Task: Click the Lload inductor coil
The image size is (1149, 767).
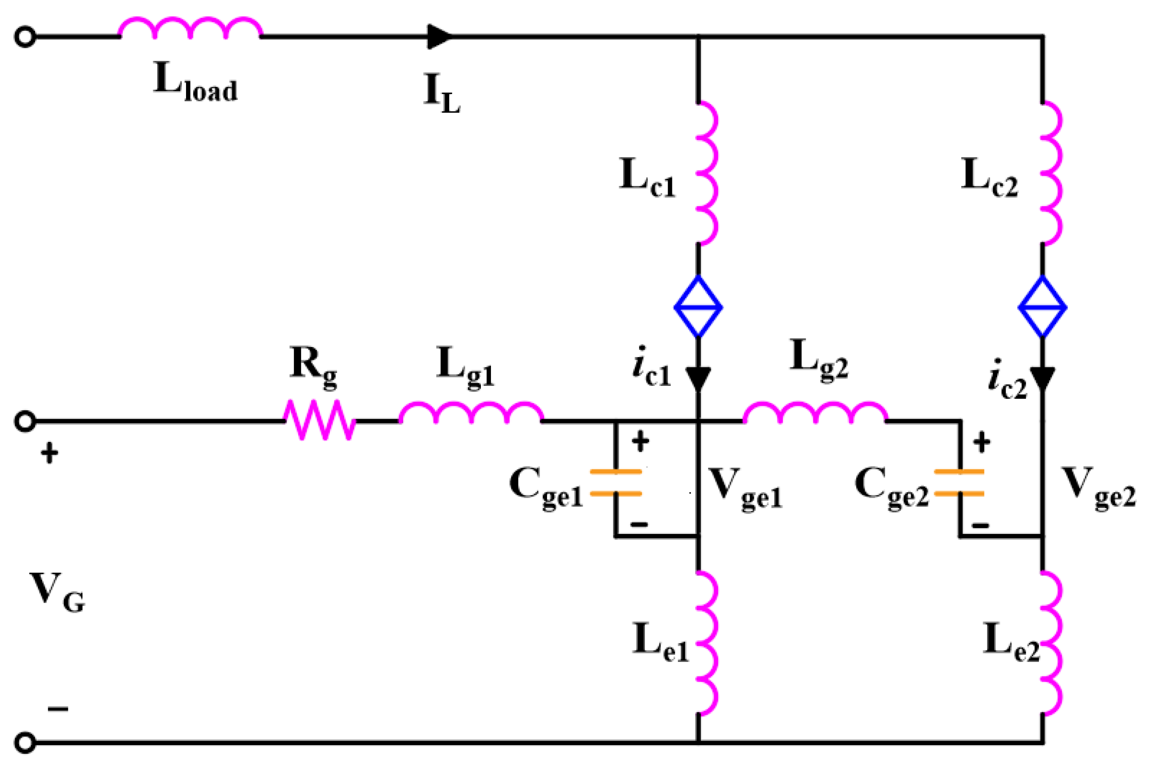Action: pos(190,28)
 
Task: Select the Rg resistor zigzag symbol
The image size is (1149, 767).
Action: pos(320,420)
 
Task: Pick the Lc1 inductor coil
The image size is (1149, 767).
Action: pos(707,173)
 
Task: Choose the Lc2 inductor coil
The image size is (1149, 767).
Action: pos(1051,173)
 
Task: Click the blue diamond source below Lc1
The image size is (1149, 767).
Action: pos(699,307)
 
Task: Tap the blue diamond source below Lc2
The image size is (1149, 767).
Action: pos(1042,307)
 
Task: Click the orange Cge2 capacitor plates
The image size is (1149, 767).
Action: pos(959,482)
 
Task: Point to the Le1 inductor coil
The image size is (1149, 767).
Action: pos(707,643)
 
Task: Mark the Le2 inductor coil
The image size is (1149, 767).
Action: pos(1051,643)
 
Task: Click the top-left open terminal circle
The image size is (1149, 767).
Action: pos(25,37)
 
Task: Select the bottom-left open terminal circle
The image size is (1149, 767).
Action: pos(25,743)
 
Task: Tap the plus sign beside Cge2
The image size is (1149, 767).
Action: pos(982,442)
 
